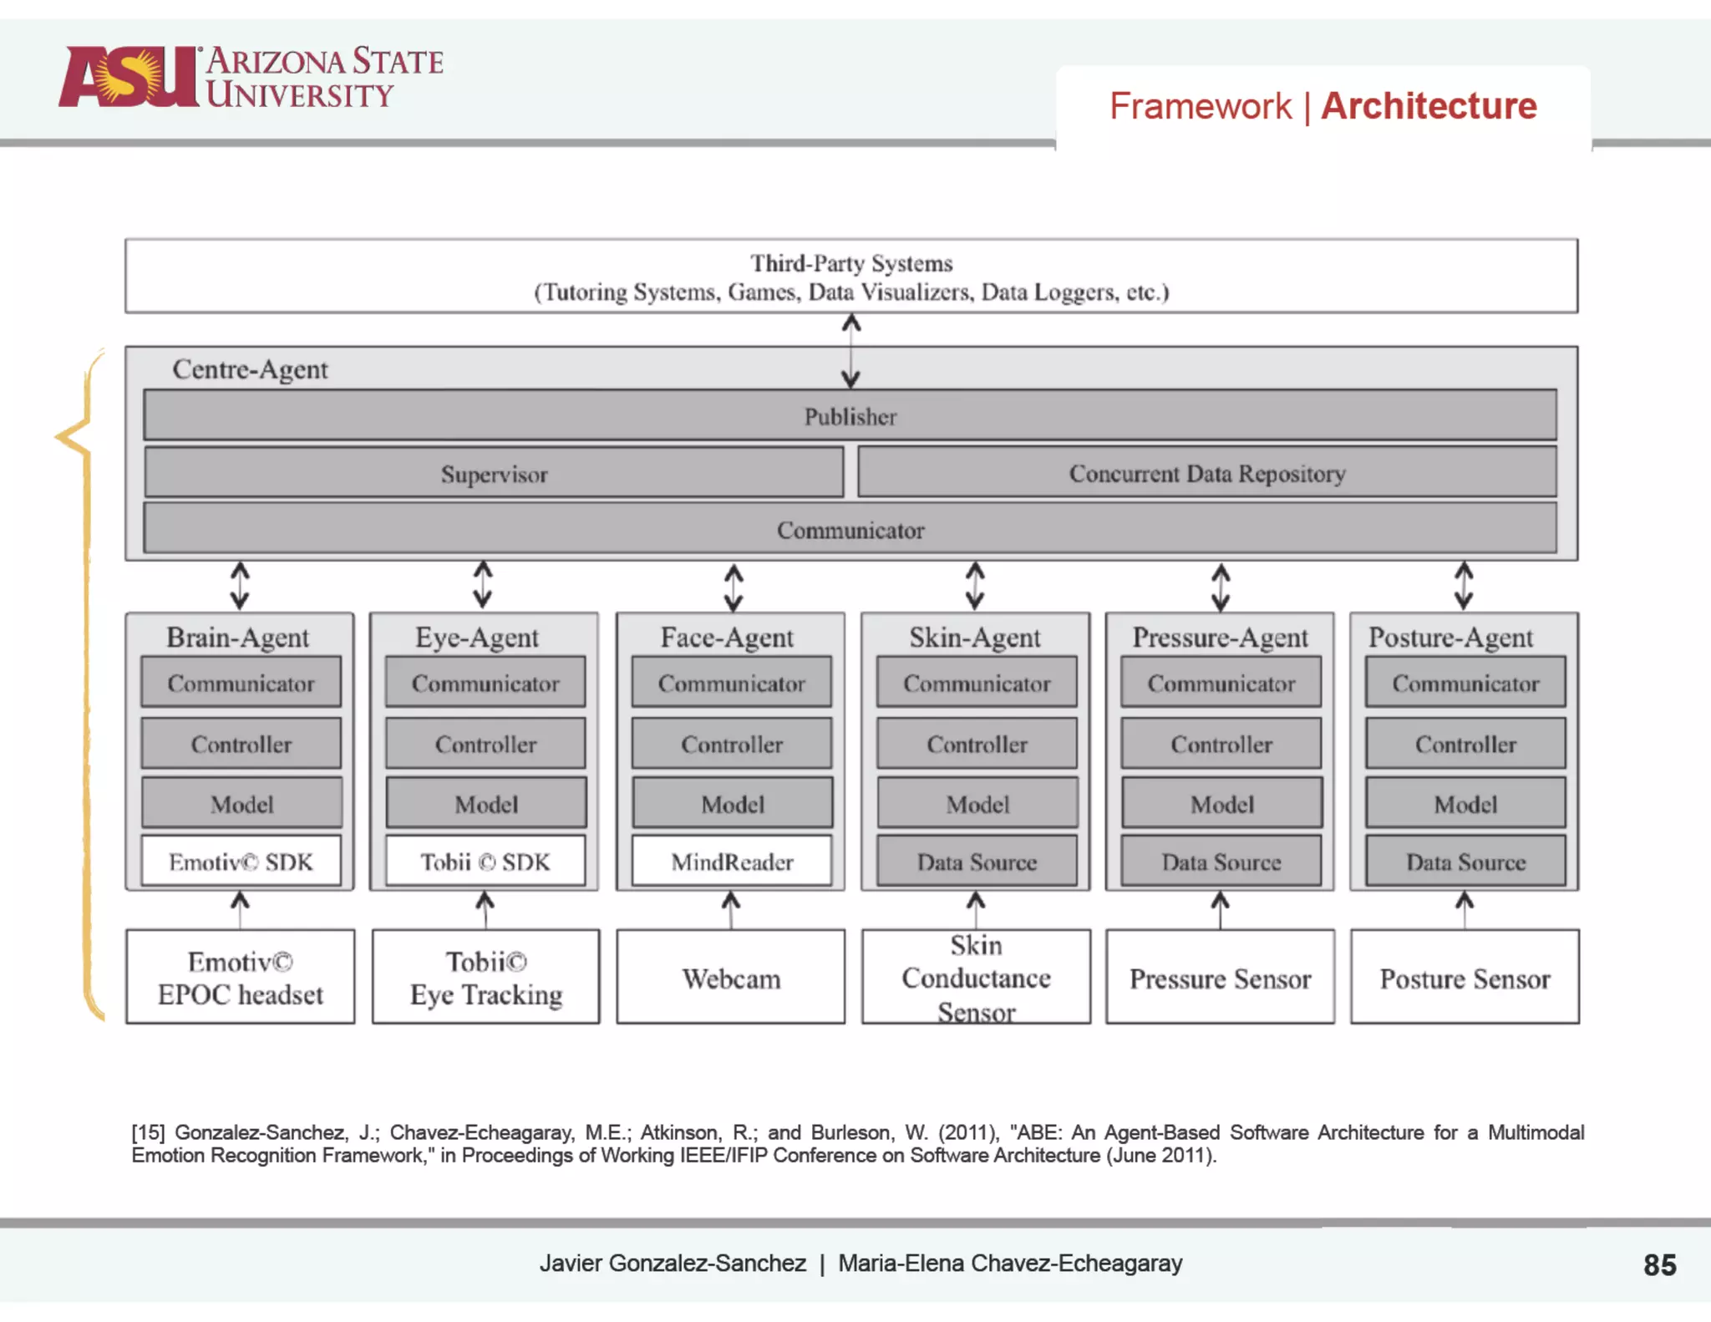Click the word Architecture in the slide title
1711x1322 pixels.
[1429, 106]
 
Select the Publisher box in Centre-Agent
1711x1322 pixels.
[850, 415]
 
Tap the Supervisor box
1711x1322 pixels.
[494, 473]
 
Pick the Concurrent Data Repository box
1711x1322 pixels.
[1206, 473]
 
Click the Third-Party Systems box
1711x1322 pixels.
[850, 277]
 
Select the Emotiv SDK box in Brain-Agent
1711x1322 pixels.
[241, 861]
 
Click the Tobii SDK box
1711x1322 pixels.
[485, 861]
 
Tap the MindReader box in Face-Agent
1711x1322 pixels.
[732, 861]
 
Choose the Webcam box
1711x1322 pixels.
[731, 977]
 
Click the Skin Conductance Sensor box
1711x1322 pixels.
[976, 977]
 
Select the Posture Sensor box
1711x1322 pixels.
[1465, 977]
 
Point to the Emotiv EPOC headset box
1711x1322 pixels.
[241, 977]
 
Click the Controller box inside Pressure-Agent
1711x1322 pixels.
[1221, 743]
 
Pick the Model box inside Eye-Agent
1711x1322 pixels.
[485, 803]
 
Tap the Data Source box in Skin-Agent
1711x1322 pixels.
[976, 861]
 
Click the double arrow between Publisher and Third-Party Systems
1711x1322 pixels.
[850, 350]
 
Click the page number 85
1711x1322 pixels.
[1659, 1264]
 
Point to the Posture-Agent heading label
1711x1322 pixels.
[1450, 637]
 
